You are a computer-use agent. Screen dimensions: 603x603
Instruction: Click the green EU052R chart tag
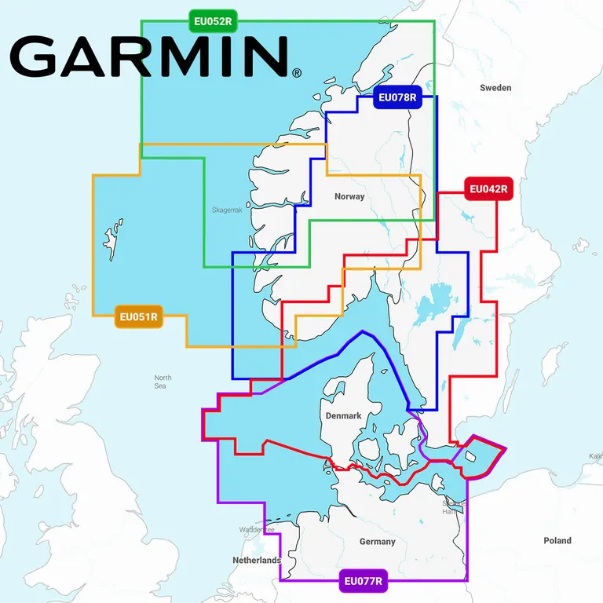point(213,20)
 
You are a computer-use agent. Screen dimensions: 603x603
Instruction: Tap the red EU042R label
point(488,188)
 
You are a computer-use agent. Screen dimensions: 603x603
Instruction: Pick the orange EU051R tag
point(138,318)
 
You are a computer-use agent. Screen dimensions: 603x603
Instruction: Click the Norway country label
point(349,196)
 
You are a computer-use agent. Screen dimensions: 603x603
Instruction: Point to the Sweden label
point(495,88)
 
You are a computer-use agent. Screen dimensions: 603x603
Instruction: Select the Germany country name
point(378,542)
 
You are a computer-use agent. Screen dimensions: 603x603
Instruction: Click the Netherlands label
point(256,561)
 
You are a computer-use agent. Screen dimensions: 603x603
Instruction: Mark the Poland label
point(557,541)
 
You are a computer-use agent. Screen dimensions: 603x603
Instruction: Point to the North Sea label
point(163,382)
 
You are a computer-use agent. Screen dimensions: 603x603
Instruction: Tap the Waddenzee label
point(257,530)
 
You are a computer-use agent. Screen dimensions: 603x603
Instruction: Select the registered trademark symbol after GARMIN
point(296,74)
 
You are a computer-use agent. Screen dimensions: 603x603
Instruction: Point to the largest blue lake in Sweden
point(429,304)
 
